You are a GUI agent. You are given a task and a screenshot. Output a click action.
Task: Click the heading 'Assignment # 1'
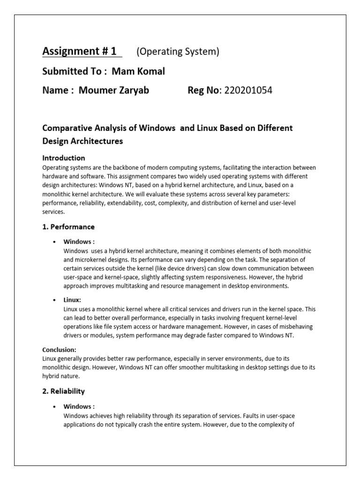click(x=79, y=51)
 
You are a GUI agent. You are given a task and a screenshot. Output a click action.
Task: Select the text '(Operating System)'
click(x=178, y=52)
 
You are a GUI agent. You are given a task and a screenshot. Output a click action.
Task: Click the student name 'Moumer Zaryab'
click(x=114, y=90)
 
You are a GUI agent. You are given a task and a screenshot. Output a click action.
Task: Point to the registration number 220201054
click(x=248, y=90)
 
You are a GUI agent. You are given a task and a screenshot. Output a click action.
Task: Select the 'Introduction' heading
click(x=64, y=158)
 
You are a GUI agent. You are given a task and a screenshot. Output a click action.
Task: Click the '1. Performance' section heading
click(x=68, y=227)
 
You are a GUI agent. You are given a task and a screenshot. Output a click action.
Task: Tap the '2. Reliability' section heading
click(x=64, y=391)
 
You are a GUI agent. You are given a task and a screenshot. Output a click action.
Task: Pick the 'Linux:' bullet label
click(x=72, y=300)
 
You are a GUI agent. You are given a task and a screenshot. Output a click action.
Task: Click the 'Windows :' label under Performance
click(x=79, y=242)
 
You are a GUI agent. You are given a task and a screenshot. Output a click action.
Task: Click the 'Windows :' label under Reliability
click(x=79, y=406)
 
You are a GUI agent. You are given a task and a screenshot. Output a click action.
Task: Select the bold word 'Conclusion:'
click(x=59, y=350)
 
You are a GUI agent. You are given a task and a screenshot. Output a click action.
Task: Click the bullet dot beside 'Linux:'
click(x=55, y=300)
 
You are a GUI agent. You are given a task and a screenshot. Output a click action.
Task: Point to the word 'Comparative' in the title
click(x=66, y=128)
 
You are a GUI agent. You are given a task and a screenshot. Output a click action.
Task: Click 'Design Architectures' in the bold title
click(x=82, y=141)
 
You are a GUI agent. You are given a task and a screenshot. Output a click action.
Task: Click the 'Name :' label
click(x=58, y=90)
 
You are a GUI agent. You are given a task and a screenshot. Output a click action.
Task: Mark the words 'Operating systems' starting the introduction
click(x=65, y=167)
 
